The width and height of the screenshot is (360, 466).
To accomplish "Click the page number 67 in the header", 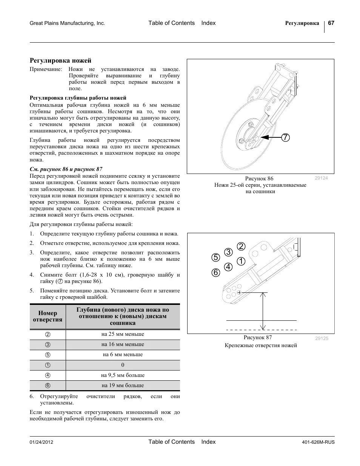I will pos(331,23).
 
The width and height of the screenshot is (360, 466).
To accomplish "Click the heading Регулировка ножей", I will pos(60,60).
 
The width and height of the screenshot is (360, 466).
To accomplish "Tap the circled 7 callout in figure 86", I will pos(285,138).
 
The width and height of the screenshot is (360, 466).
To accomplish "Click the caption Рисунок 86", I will pos(259,178).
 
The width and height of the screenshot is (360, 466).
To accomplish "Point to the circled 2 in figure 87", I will pos(241,246).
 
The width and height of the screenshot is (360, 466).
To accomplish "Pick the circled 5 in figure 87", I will pos(215,258).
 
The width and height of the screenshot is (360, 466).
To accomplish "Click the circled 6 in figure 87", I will pos(215,272).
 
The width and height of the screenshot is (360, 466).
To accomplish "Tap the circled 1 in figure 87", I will pos(241,261).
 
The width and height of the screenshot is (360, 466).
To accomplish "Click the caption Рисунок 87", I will pos(257,338).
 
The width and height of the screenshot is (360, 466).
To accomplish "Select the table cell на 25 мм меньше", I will pos(123,334).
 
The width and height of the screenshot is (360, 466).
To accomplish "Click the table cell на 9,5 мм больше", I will pos(123,375).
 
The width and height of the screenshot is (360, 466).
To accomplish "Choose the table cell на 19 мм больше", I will pos(123,386).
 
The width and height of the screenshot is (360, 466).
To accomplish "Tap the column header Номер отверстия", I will pos(48,316).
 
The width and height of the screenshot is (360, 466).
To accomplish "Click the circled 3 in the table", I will pos(48,345).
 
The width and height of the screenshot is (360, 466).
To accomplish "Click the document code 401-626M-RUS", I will pos(318,442).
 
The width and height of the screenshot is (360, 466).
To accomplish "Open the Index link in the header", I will pos(208,23).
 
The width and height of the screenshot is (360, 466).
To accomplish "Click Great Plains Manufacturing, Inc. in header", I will pos(67,23).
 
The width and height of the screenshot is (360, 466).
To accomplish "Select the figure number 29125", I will pos(322,338).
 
